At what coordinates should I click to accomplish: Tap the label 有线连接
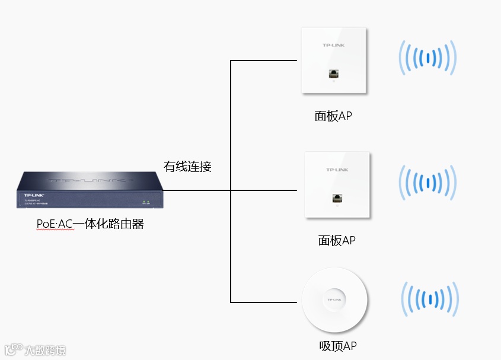point(187,167)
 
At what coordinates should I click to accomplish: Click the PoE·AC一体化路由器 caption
point(90,224)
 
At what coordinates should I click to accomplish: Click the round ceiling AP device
point(334,301)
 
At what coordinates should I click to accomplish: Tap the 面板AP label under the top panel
point(333,116)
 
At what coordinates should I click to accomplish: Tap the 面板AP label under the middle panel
point(337,240)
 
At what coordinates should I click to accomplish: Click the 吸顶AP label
point(337,346)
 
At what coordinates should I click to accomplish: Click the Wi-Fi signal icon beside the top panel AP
point(427,58)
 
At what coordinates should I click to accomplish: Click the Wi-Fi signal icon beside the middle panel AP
point(427,182)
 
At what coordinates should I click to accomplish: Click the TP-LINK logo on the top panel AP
point(333,45)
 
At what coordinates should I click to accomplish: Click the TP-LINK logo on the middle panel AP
point(337,170)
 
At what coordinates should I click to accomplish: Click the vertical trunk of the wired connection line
point(231,178)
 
